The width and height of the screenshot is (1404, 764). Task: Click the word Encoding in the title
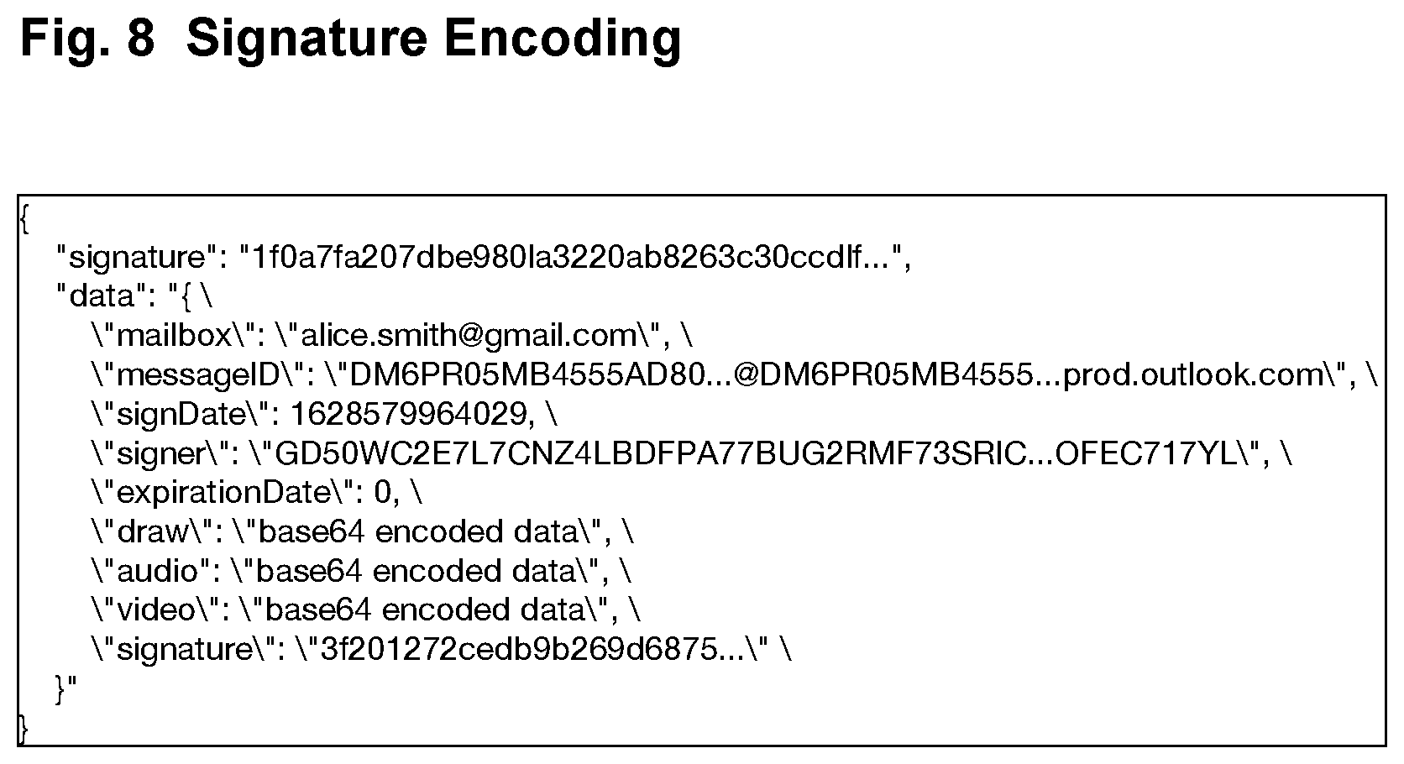pyautogui.click(x=563, y=39)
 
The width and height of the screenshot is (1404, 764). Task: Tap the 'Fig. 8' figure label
pyautogui.click(x=87, y=39)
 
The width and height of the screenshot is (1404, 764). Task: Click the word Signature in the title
pyautogui.click(x=307, y=39)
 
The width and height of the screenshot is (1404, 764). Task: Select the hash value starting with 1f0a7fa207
pyautogui.click(x=570, y=256)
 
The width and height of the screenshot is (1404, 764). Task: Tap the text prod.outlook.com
pyautogui.click(x=1195, y=374)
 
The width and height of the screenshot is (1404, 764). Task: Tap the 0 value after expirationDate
pyautogui.click(x=383, y=493)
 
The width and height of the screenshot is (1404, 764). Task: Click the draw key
pyautogui.click(x=153, y=531)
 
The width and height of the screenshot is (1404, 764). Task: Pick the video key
pyautogui.click(x=156, y=610)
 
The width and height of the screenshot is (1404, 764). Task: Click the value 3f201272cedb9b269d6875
pyautogui.click(x=520, y=649)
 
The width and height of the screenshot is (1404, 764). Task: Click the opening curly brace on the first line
pyautogui.click(x=24, y=219)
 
